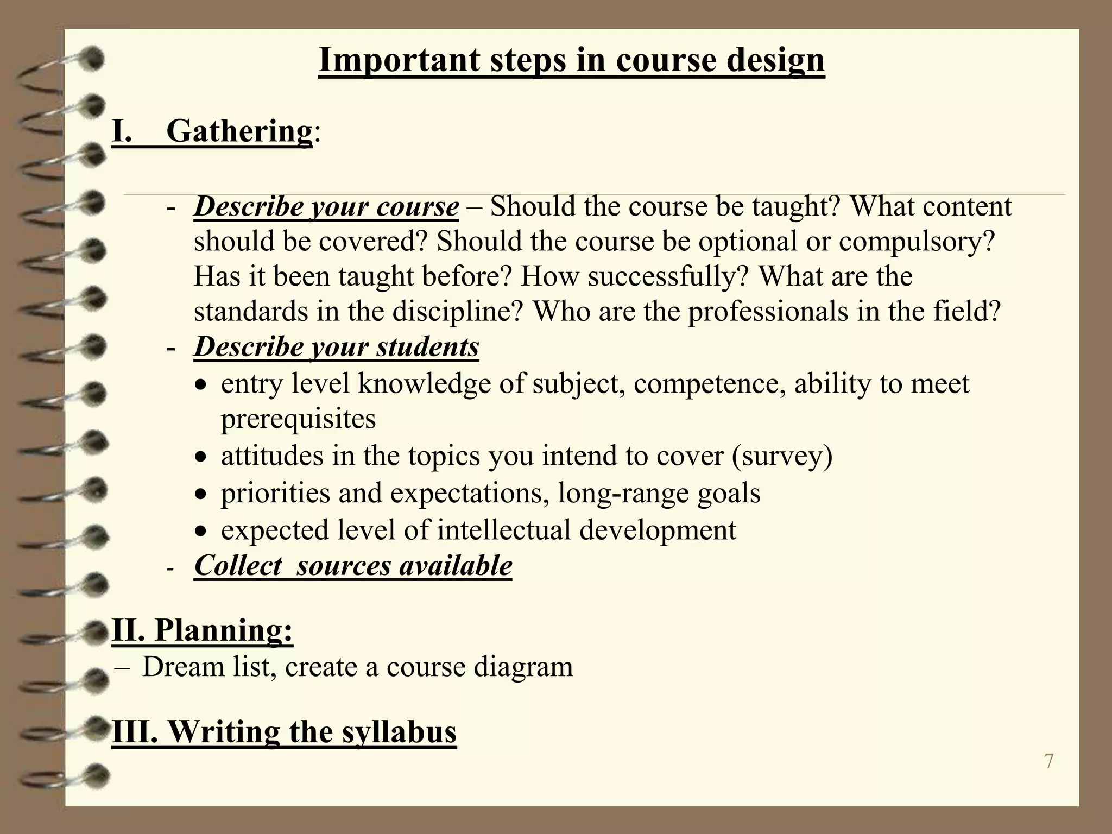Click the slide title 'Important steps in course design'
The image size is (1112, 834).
(571, 60)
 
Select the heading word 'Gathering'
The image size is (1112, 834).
(239, 131)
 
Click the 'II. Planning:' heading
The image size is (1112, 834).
(202, 630)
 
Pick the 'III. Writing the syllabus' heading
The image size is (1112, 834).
(284, 731)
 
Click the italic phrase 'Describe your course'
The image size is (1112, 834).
(326, 207)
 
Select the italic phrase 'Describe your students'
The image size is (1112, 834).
(336, 347)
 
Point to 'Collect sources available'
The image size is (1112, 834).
(353, 566)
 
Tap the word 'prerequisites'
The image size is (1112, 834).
(298, 419)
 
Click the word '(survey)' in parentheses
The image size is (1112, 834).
(782, 456)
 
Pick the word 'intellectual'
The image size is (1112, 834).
(504, 530)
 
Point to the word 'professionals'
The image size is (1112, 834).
(768, 312)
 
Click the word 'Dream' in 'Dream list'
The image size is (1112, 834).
(183, 667)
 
